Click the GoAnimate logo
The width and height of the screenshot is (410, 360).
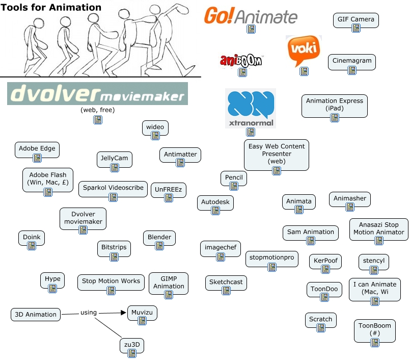[x=251, y=15]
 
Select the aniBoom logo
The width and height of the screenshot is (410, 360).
[x=241, y=61]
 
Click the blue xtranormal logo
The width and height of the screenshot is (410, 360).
[x=251, y=108]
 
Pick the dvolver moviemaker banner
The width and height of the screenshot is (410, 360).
[x=97, y=93]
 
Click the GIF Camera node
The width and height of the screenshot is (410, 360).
[x=356, y=20]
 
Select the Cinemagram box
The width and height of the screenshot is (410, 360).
[x=352, y=62]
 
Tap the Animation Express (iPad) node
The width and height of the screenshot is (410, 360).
[x=335, y=106]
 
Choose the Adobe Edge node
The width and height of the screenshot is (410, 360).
[x=37, y=150]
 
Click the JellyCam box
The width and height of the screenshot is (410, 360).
[x=115, y=160]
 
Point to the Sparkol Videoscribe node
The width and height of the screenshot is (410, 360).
[x=113, y=189]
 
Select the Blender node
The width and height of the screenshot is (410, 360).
[x=159, y=238]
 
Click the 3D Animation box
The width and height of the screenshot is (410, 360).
[x=36, y=315]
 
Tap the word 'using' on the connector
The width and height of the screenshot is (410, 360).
[x=89, y=313]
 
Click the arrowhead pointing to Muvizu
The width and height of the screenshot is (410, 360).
[x=123, y=313]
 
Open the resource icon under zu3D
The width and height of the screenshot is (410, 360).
[x=132, y=353]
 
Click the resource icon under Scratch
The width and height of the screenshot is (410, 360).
[x=321, y=328]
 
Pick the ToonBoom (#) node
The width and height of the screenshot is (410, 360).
[x=375, y=330]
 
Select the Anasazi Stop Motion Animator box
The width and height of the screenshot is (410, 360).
[x=378, y=229]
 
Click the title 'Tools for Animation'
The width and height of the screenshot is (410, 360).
[x=51, y=7]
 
